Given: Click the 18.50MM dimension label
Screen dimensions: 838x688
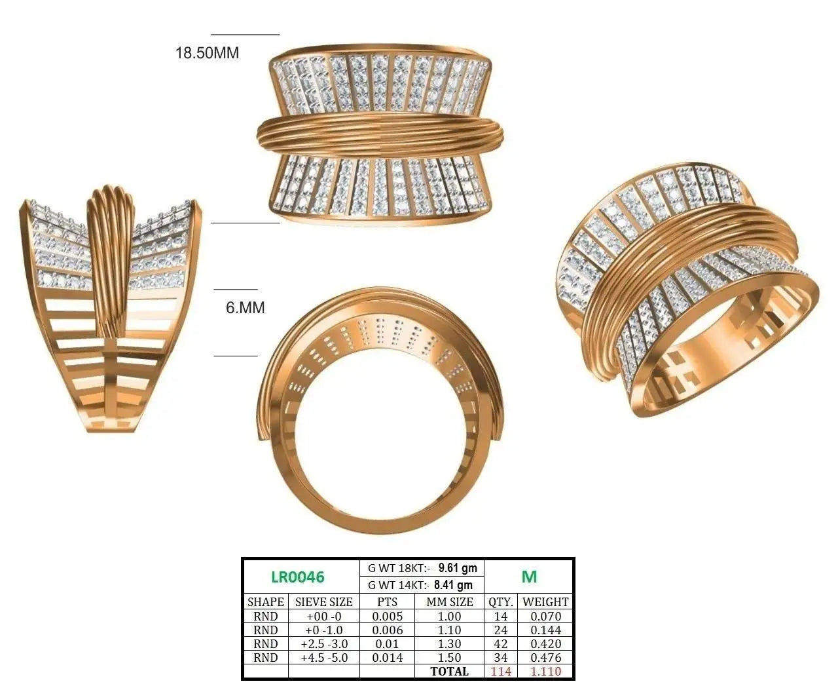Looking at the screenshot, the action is click(207, 53).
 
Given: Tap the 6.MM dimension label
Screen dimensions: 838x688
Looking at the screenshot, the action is click(245, 307).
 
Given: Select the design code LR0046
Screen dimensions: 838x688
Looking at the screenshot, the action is click(298, 577).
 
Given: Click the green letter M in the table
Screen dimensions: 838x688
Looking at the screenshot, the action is click(529, 577).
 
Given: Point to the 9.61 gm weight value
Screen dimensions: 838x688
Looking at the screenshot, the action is click(458, 568).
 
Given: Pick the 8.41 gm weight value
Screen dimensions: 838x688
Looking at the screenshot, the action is click(453, 585).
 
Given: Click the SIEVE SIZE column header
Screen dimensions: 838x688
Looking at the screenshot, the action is click(324, 602).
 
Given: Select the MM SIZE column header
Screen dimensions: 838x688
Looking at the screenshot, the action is click(450, 602).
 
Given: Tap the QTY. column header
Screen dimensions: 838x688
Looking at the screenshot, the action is click(501, 602).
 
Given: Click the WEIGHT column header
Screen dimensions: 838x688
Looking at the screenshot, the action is click(545, 602).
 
